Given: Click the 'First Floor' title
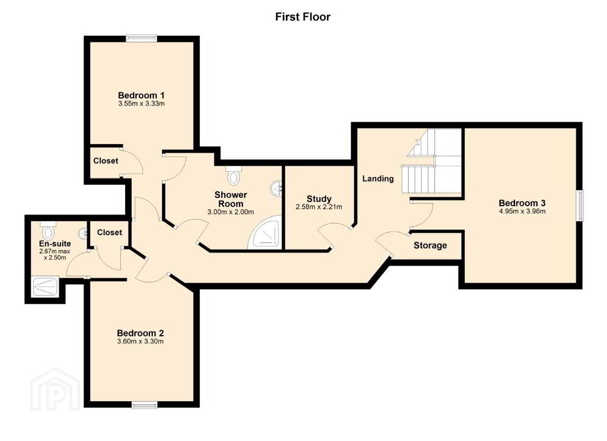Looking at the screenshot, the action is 303,17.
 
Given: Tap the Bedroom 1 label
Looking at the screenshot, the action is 141,95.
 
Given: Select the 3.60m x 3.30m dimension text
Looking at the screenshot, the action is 140,341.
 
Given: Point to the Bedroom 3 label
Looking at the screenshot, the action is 522,203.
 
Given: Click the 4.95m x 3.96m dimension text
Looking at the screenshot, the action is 522,212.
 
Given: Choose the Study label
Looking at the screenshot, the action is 319,199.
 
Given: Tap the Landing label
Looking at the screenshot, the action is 378,178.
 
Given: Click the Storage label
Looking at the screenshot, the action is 430,245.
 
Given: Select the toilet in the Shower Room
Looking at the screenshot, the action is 234,176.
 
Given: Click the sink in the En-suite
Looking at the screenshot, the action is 82,233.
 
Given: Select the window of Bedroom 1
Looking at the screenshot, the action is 141,39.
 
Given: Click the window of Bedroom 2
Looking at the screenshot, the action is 145,405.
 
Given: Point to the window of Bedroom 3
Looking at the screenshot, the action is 580,205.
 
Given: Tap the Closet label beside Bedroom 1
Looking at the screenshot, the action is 106,161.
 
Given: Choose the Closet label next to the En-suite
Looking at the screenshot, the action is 110,232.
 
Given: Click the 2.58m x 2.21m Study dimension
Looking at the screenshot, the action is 319,207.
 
